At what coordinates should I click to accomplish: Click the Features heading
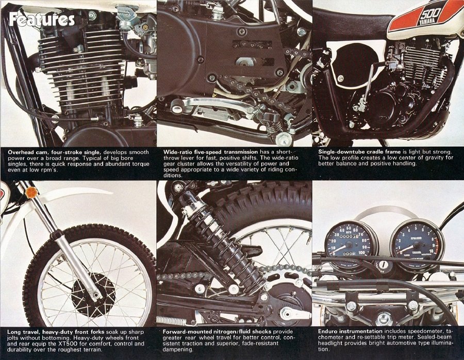pyautogui.click(x=42, y=19)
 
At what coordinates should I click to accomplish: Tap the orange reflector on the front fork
pyautogui.click(x=30, y=193)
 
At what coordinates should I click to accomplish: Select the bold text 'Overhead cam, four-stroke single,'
pyautogui.click(x=55, y=152)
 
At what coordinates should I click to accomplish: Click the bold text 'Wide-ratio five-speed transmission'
pyautogui.click(x=211, y=152)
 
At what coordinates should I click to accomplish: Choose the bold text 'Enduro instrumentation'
pyautogui.click(x=350, y=331)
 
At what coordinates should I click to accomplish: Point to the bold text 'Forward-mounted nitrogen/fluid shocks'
pyautogui.click(x=217, y=332)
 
